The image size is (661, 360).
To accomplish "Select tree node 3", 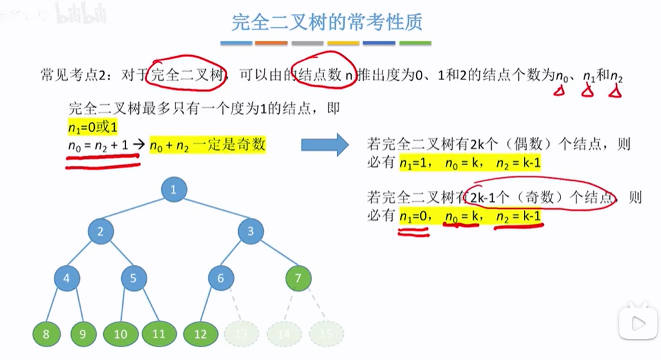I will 250,231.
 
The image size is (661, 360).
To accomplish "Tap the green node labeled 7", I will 298,278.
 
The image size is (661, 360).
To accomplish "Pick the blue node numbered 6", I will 221,278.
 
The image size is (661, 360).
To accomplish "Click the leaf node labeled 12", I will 200,334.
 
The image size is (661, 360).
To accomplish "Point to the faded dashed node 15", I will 326,334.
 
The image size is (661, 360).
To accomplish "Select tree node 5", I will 134,278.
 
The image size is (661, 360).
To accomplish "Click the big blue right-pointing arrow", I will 325,145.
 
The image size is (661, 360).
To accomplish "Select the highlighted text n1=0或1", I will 92,127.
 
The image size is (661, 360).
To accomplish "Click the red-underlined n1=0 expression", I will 414,217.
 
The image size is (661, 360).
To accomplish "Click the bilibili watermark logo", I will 80,14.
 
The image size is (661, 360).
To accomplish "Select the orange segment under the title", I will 271,44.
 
